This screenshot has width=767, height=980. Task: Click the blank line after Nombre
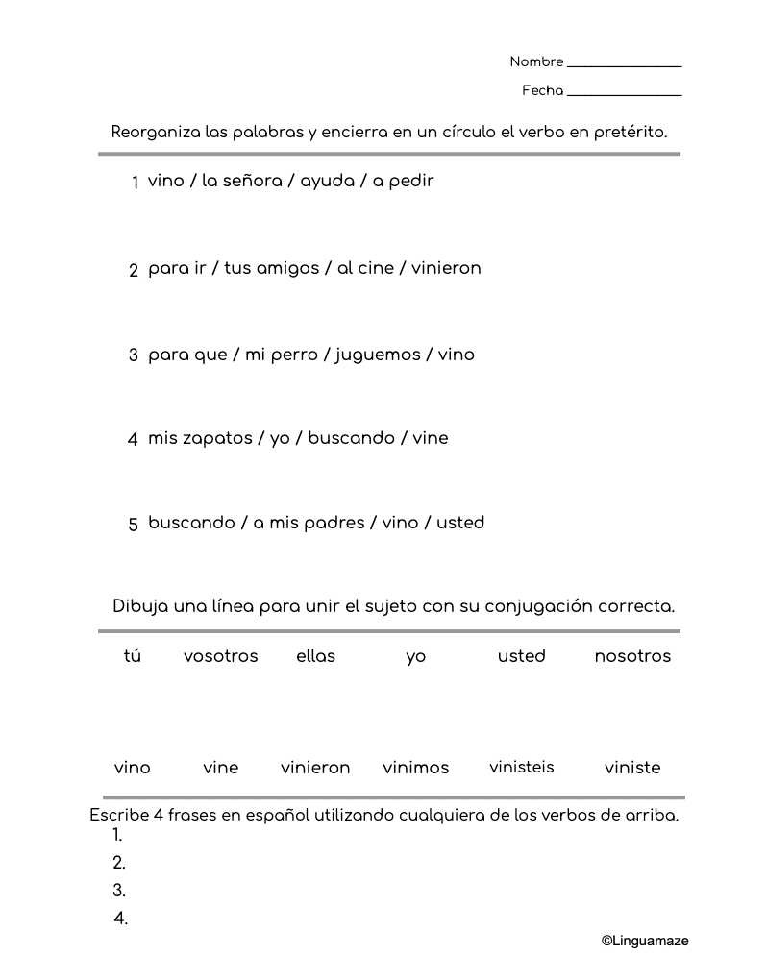(624, 64)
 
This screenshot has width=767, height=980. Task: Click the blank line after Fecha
(624, 93)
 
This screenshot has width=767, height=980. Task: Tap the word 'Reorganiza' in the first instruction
(149, 133)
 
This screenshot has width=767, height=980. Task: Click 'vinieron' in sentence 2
(446, 268)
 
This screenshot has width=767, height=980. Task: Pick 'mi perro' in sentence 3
(282, 355)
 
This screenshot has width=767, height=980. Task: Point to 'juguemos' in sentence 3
(378, 355)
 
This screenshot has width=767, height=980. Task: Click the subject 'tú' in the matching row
(133, 656)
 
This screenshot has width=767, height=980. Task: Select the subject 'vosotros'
(221, 656)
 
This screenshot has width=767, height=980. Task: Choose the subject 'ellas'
(316, 656)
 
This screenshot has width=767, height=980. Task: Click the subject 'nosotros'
(632, 656)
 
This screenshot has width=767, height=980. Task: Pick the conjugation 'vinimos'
(416, 768)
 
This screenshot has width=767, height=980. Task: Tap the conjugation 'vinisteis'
(522, 767)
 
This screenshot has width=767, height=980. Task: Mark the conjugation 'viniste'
(632, 768)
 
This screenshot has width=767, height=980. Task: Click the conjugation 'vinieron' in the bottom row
(315, 768)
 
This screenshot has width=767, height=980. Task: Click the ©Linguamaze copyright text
(645, 942)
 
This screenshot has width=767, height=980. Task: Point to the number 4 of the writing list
(120, 919)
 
